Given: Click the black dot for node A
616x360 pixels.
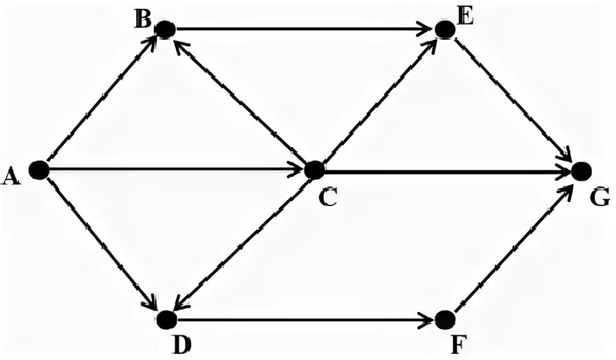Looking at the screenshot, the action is [x=38, y=170].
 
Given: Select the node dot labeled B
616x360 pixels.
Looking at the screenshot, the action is [x=165, y=30].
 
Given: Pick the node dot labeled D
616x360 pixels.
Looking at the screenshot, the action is [x=166, y=319].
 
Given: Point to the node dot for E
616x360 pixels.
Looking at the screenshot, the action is [x=445, y=30].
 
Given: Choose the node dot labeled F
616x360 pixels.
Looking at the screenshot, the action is [x=445, y=319].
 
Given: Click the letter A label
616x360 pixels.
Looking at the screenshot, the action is [x=10, y=177].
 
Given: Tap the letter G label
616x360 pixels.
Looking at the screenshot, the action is [x=599, y=198].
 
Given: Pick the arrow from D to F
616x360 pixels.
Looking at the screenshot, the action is [x=302, y=319].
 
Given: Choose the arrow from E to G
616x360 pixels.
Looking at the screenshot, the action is [x=513, y=100].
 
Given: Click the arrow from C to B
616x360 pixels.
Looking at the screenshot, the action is [x=241, y=100].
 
